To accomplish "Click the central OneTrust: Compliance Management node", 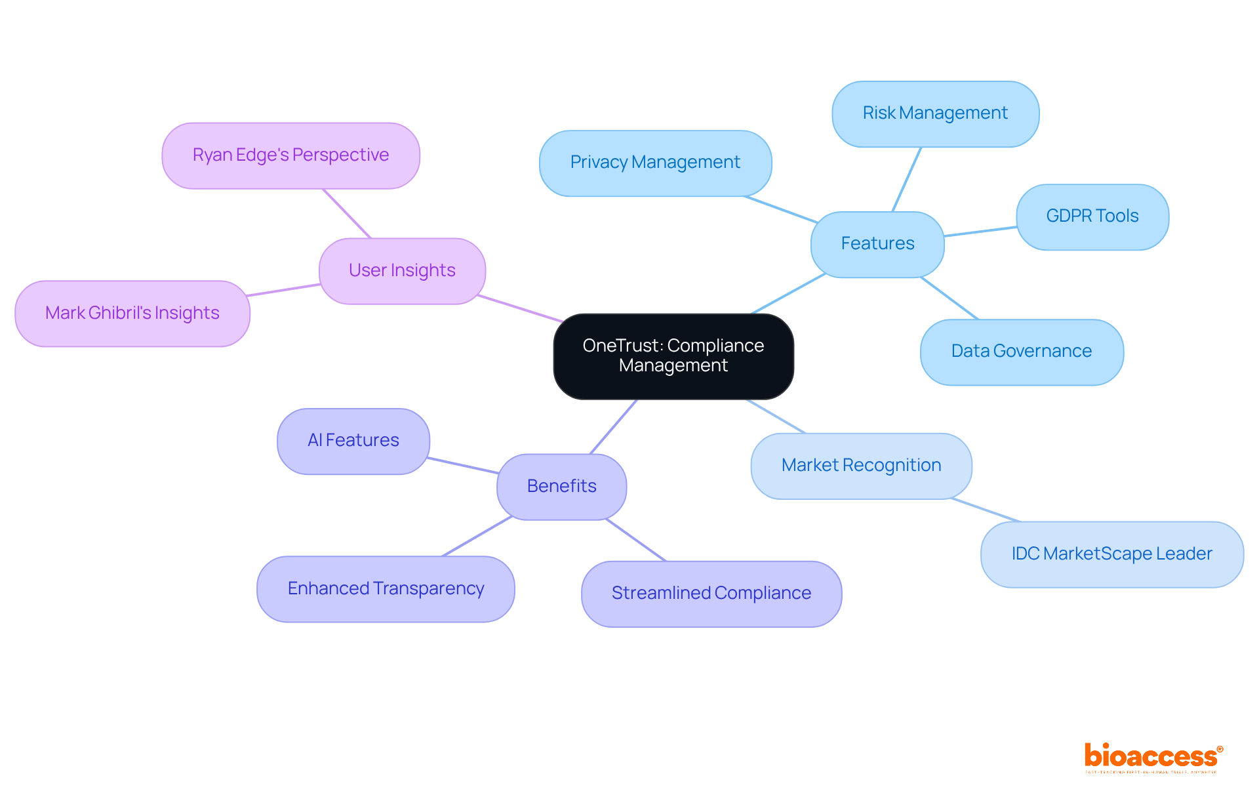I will (673, 356).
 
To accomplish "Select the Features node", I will (877, 244).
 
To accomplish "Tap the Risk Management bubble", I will (935, 113).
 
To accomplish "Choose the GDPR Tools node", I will (1092, 216).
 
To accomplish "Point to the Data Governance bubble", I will (1021, 352).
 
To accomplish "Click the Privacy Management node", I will (655, 163).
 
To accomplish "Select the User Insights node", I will (402, 271).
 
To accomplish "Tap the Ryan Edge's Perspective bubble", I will (290, 155).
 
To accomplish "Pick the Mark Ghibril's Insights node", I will (132, 314).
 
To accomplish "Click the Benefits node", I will (561, 487).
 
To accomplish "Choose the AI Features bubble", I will (353, 441).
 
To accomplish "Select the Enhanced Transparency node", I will (386, 589).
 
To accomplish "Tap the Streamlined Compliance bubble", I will (711, 594).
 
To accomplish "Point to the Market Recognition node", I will (861, 466).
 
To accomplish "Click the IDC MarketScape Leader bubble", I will (1111, 554).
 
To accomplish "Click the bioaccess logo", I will (1153, 757).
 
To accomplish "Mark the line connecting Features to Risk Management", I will (907, 179).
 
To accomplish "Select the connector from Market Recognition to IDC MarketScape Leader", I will (986, 510).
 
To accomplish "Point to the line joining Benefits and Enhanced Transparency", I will (477, 537).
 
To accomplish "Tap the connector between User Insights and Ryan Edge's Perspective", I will (347, 214).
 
